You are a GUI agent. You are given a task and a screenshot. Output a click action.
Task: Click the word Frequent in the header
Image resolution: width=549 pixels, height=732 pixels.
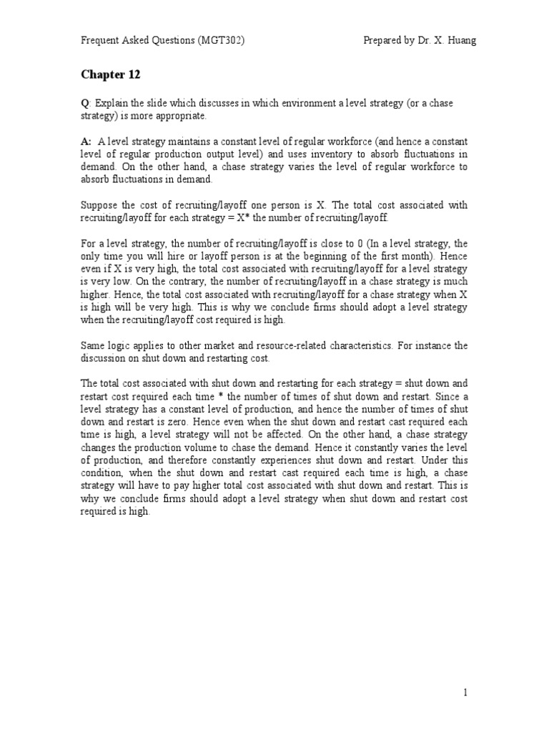(100, 40)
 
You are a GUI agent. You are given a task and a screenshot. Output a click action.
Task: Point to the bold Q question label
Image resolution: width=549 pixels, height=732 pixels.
(84, 104)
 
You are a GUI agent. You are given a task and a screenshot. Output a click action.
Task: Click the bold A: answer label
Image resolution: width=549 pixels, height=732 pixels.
(86, 142)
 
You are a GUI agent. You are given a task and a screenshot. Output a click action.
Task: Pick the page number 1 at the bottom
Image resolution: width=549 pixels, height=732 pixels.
(465, 693)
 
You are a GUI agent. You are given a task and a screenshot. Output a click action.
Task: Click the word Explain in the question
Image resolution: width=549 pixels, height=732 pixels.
(109, 104)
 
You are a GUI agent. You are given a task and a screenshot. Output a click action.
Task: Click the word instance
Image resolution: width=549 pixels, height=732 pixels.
(430, 345)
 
